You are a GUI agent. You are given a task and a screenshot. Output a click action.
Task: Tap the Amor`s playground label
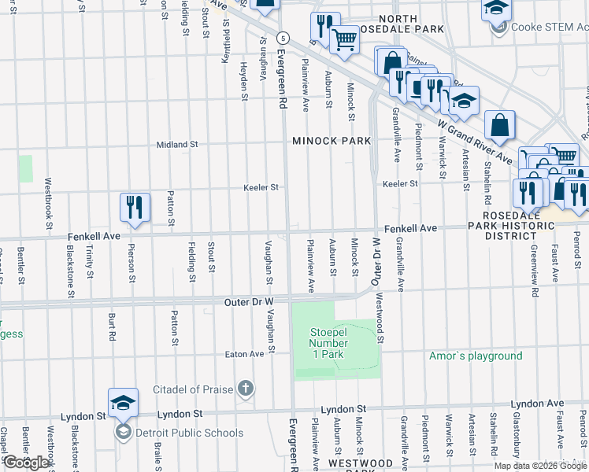pyautogui.click(x=476, y=356)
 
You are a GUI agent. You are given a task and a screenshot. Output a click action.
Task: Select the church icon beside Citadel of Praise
pyautogui.click(x=246, y=389)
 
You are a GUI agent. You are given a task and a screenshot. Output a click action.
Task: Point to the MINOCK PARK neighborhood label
pyautogui.click(x=331, y=141)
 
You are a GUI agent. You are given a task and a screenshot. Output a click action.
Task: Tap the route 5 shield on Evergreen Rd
pyautogui.click(x=283, y=38)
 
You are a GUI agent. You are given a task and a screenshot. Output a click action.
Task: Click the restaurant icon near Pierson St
pyautogui.click(x=135, y=208)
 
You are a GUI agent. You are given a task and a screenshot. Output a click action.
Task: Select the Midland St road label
pyautogui.click(x=177, y=145)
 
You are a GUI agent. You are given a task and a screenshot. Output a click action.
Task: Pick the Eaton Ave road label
pyautogui.click(x=245, y=354)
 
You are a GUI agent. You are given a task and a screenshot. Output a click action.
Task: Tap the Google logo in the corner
pyautogui.click(x=26, y=463)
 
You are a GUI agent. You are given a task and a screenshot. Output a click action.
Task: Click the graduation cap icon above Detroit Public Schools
pyautogui.click(x=124, y=404)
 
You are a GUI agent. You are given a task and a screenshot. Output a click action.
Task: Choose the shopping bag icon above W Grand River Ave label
pyautogui.click(x=500, y=125)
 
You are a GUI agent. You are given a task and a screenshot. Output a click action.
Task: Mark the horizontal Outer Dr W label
pyautogui.click(x=248, y=301)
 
